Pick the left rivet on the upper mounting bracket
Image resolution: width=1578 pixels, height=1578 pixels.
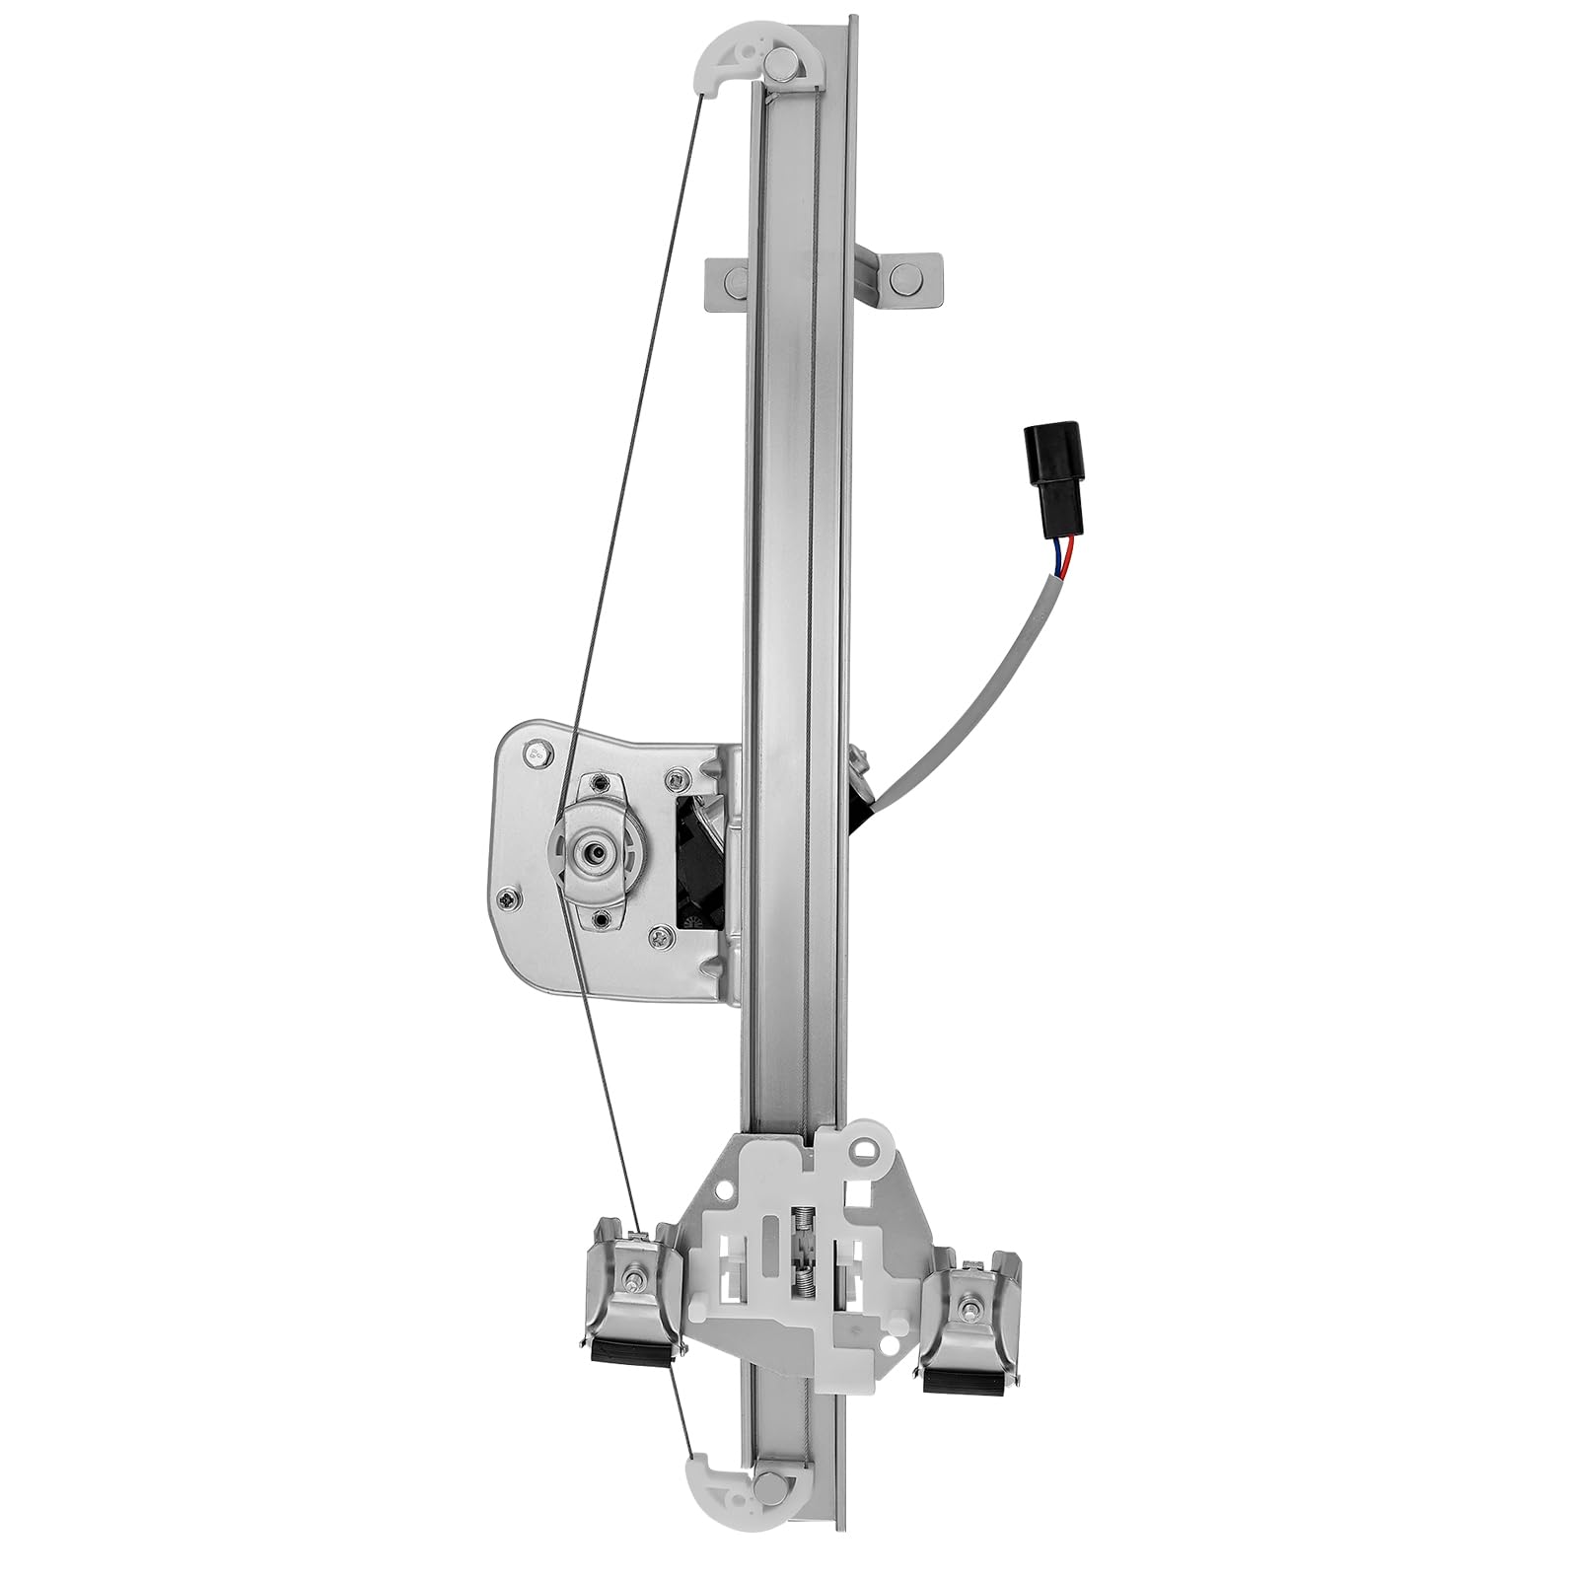tap(734, 280)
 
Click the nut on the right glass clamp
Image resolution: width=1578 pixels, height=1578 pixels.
tap(970, 1309)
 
